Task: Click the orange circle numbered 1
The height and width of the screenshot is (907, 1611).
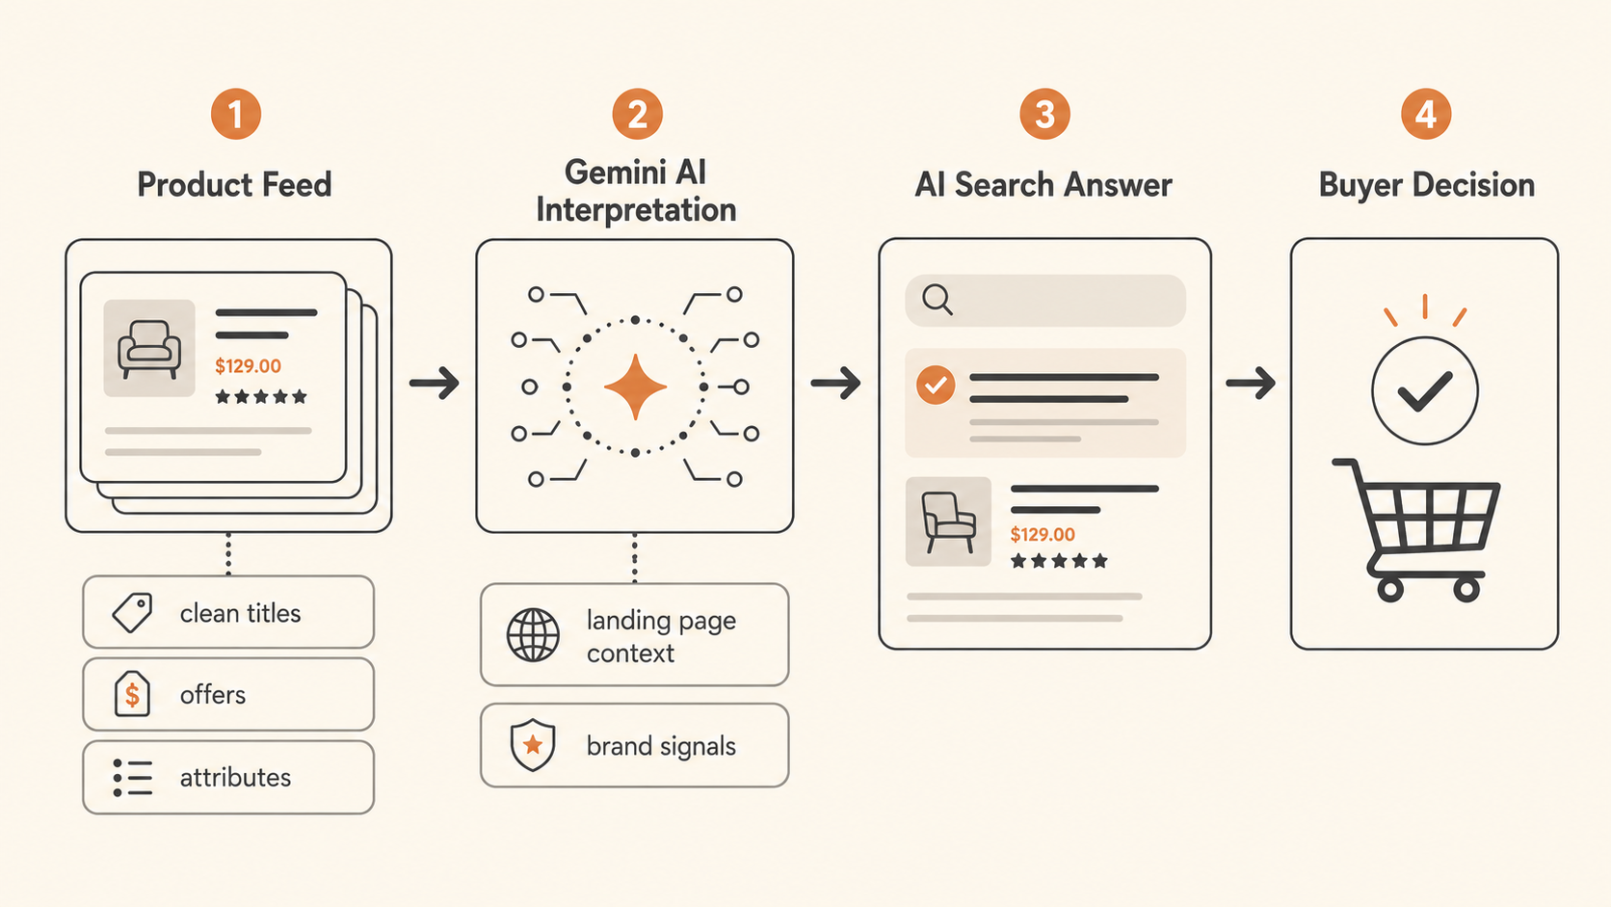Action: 236,114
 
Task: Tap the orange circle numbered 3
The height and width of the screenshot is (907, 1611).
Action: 1044,114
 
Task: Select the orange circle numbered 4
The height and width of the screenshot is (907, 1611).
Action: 1425,114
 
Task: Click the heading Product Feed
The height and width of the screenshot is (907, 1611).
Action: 234,185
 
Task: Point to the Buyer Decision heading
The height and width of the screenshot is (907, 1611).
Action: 1426,185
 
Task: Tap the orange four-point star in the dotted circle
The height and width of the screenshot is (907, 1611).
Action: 635,387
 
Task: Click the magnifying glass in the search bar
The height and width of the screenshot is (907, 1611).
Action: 938,300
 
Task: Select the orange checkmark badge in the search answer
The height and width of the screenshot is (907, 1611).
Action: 935,385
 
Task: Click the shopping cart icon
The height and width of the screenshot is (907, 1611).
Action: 1415,530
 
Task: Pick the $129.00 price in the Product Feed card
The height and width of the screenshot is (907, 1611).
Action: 249,366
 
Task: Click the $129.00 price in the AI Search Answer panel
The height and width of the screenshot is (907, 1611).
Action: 1043,534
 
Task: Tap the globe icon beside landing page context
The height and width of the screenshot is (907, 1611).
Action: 533,635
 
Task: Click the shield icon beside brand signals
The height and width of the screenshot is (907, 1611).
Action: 532,744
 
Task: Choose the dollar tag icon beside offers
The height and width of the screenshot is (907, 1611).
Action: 132,693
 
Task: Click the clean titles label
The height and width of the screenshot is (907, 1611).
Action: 240,613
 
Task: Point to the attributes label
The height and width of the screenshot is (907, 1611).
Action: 235,778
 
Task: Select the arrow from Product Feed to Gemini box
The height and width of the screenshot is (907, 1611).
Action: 435,383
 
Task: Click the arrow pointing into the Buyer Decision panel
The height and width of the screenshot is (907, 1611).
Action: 1251,383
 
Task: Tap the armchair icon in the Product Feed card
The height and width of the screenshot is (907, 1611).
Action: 149,349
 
